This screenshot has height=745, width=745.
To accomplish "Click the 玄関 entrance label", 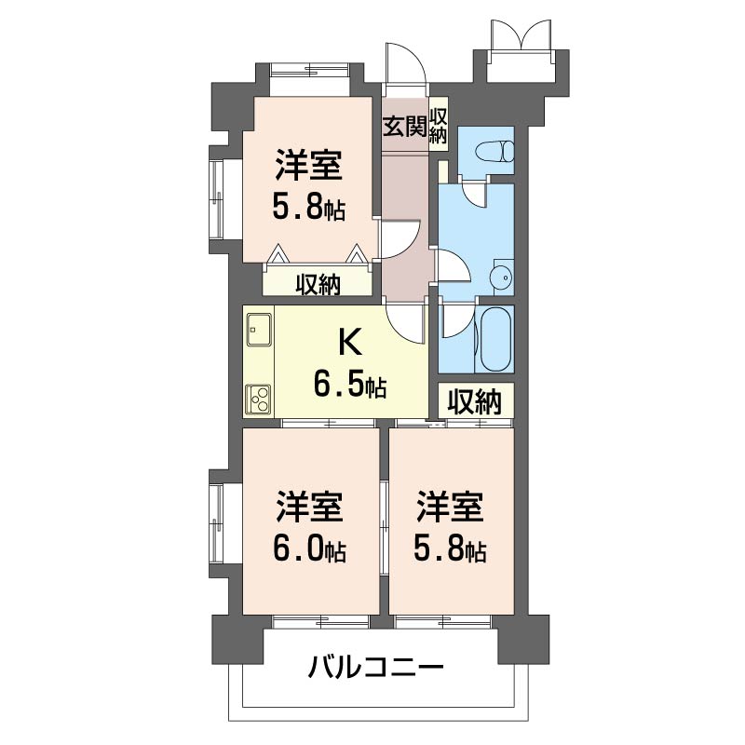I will pyautogui.click(x=404, y=127).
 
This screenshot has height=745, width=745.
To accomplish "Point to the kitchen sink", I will pyautogui.click(x=258, y=329).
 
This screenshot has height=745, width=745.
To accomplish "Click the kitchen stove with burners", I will pyautogui.click(x=258, y=399).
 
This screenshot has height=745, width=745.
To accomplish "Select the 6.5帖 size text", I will pyautogui.click(x=350, y=383).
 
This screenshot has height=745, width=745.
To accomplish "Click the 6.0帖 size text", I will pyautogui.click(x=309, y=549).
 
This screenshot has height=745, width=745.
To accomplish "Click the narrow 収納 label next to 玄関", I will pyautogui.click(x=439, y=127).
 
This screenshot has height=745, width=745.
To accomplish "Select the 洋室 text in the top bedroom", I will pyautogui.click(x=308, y=168).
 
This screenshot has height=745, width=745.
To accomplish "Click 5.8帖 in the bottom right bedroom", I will pyautogui.click(x=450, y=549).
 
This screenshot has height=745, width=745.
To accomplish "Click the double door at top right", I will pyautogui.click(x=522, y=39).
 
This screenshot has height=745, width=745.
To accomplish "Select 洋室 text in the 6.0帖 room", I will pyautogui.click(x=309, y=509).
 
